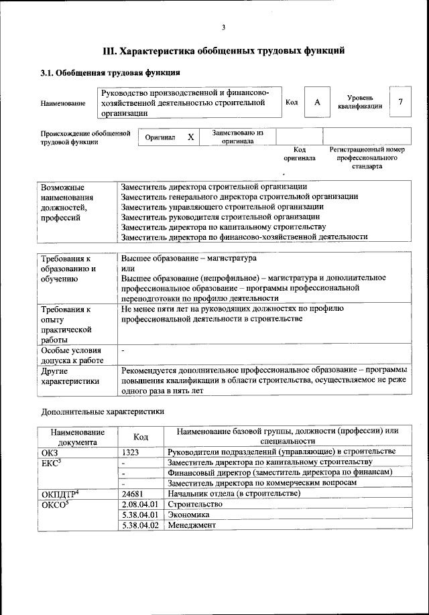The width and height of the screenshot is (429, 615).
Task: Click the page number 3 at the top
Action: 223,27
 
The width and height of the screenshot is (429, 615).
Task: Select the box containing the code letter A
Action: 317,102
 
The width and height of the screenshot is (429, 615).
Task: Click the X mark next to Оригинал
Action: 190,137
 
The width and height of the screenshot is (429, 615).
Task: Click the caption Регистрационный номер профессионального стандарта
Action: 367,158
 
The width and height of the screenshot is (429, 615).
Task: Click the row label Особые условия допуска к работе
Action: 71,356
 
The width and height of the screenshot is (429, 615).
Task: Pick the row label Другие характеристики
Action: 70,376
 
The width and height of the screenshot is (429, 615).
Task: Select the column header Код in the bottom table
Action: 141,437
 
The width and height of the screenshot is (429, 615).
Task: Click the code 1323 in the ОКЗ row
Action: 131,452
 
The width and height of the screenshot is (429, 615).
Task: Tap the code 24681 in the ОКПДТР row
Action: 133,494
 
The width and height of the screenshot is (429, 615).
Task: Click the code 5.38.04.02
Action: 140,525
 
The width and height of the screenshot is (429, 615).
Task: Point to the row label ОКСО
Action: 55,504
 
